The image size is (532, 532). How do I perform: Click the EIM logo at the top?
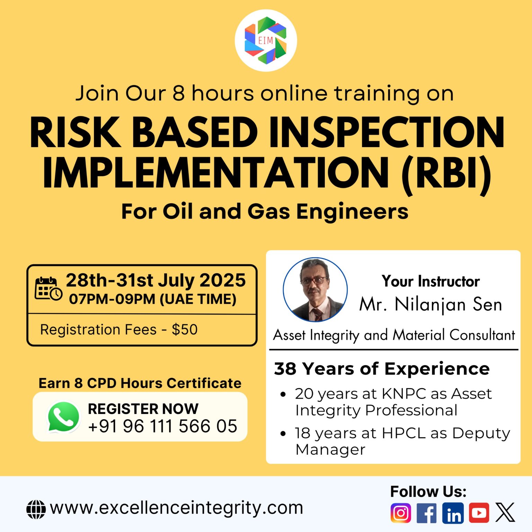coord(266,40)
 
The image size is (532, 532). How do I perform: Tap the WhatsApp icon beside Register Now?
coord(63,417)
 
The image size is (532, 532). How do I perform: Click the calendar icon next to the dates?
coord(48,289)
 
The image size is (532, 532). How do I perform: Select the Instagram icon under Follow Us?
coord(401,513)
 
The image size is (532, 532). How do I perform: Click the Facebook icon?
coord(427,513)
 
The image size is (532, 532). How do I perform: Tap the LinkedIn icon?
coord(453,513)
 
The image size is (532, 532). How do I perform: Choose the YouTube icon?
coord(479,513)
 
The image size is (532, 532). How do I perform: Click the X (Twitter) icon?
coord(505,513)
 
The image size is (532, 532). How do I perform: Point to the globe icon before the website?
coord(36,509)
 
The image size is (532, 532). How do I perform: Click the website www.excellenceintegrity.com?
coord(177,508)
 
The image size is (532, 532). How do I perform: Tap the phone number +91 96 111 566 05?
coord(162,426)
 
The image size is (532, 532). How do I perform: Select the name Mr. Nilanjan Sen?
coord(431,305)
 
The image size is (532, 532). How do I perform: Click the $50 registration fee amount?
coord(185,329)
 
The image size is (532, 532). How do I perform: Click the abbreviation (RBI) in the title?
coord(446,173)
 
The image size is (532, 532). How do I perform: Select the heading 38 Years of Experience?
coord(382,369)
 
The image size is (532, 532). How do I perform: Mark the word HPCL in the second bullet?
coord(404,433)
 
